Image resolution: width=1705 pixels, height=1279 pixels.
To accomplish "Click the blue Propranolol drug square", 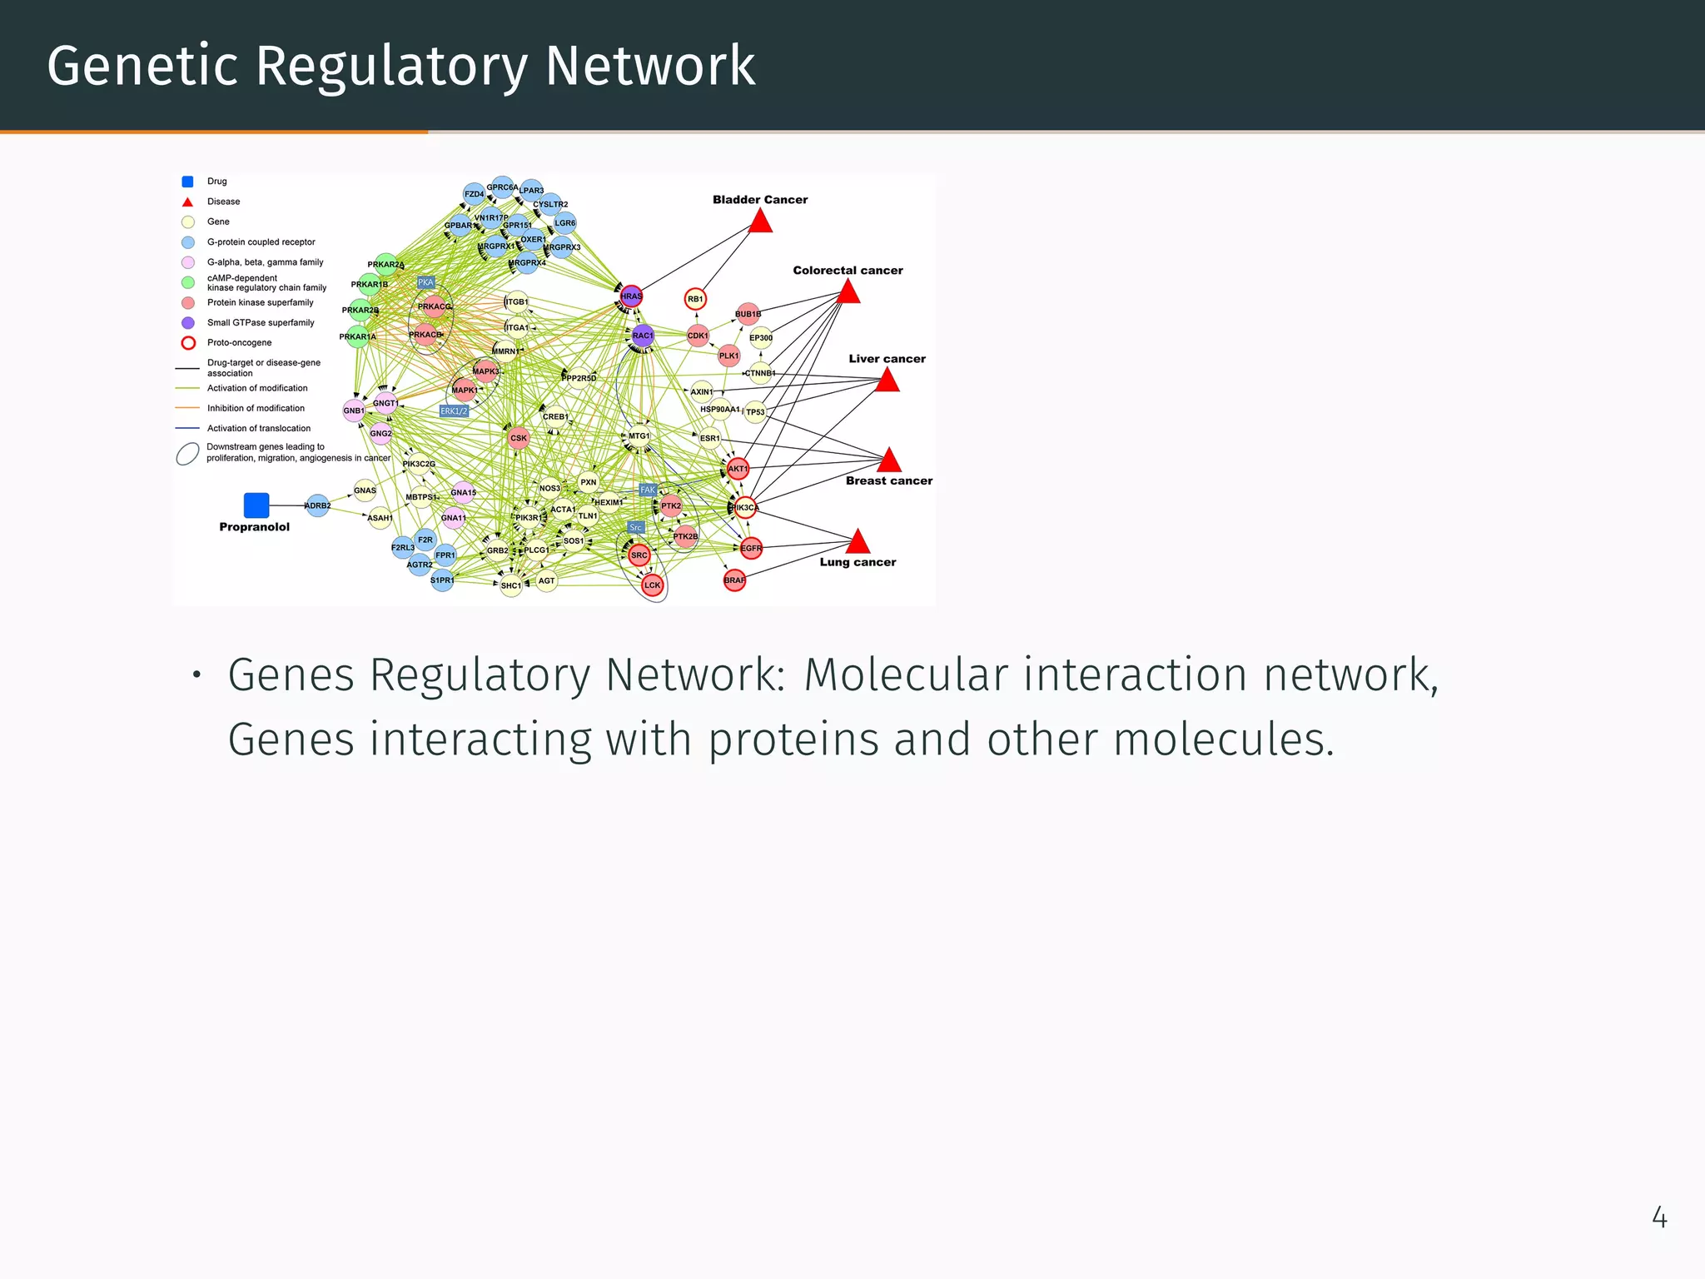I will [x=256, y=505].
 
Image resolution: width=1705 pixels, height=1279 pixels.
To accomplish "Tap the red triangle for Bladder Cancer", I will [x=760, y=222].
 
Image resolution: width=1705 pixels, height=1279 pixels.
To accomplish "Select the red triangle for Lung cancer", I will [x=857, y=543].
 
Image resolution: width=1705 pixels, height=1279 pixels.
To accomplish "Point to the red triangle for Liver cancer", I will [x=887, y=381].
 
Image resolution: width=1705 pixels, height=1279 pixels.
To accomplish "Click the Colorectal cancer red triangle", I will [x=848, y=292].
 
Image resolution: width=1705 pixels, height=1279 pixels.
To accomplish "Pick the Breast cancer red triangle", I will [x=889, y=460].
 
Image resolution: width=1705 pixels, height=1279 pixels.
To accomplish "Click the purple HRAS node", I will [x=632, y=296].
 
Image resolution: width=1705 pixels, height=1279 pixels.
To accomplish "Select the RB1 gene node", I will [x=695, y=299].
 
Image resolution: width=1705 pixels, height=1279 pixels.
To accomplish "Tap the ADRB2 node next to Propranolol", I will [x=317, y=505].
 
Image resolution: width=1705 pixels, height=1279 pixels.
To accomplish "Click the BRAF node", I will [x=734, y=580].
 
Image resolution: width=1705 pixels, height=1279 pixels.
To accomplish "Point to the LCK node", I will [x=653, y=585].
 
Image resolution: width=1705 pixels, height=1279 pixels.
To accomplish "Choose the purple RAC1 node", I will [x=643, y=336].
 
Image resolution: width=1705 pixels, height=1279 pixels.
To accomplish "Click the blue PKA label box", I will [x=425, y=282].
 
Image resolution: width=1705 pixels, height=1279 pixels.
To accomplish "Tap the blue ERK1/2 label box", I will [x=454, y=411].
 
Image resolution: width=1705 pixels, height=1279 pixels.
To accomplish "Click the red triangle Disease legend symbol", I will [x=188, y=202].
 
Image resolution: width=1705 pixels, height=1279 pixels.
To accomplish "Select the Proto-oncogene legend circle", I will [x=188, y=343].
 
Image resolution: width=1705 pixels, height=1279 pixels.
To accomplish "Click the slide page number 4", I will [x=1659, y=1218].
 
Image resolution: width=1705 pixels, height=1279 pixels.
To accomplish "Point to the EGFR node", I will [x=751, y=548].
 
